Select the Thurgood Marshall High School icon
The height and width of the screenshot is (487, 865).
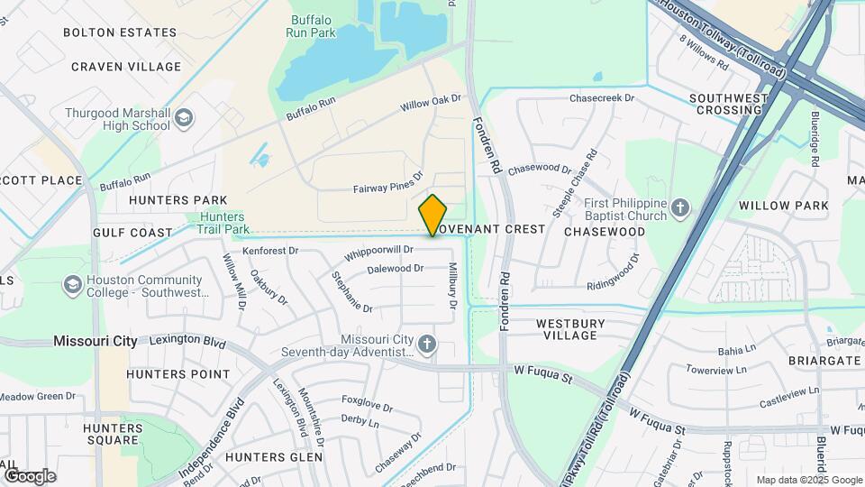tap(184, 118)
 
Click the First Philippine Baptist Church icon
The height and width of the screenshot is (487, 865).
tap(680, 209)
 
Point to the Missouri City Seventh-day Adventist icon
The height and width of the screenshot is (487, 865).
tap(427, 345)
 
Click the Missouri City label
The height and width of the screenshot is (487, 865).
tap(96, 341)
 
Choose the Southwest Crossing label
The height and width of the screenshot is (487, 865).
tap(728, 104)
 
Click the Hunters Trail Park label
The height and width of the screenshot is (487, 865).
tap(223, 223)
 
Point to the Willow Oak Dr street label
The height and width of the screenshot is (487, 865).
tap(431, 104)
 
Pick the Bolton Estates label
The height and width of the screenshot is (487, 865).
tap(120, 32)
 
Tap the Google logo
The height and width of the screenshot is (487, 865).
tap(30, 476)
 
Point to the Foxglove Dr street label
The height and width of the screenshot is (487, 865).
tap(367, 399)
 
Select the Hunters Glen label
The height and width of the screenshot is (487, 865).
tap(274, 457)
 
